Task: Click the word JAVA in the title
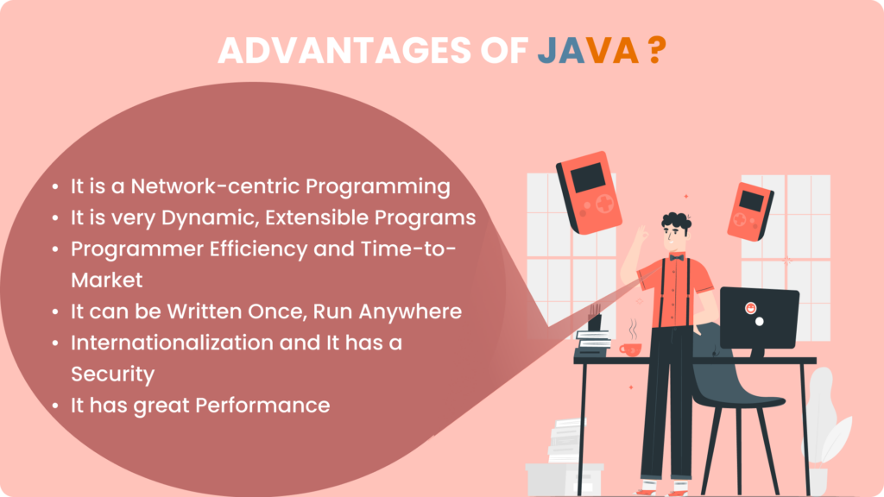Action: [587, 51]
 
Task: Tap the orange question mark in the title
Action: [656, 51]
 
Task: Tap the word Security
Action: [112, 374]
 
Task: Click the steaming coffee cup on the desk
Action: [629, 348]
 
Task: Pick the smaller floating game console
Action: [749, 211]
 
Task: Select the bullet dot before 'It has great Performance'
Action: [56, 405]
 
